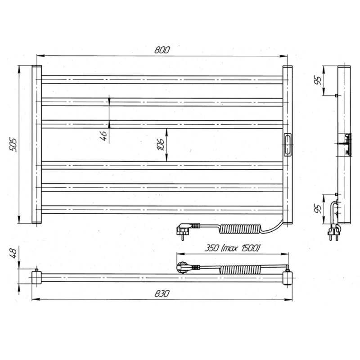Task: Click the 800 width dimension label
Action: [x=162, y=50]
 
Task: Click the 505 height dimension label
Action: [x=13, y=144]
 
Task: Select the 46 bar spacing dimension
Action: [x=103, y=136]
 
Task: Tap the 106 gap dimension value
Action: [x=161, y=144]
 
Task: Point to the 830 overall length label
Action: [x=162, y=293]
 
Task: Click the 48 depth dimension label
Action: [x=13, y=253]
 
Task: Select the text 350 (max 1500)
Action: [x=232, y=248]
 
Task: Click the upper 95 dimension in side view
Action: [x=318, y=80]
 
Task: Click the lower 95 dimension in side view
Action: [x=318, y=209]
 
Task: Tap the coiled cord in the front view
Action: [x=240, y=229]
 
